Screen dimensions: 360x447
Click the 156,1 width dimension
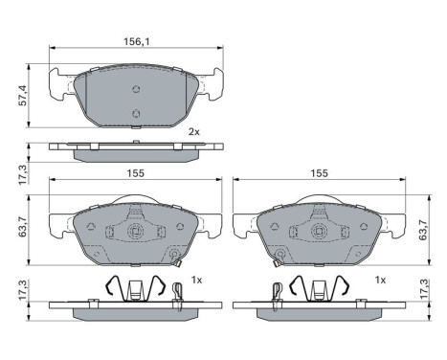(x=135, y=41)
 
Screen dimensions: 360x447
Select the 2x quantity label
(x=193, y=131)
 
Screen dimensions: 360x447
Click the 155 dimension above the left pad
(x=134, y=173)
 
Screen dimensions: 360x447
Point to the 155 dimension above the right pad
(x=319, y=173)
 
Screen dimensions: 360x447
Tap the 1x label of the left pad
(x=196, y=280)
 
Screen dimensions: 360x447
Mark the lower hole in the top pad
(x=136, y=115)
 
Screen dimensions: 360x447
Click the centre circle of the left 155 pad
(x=135, y=232)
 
